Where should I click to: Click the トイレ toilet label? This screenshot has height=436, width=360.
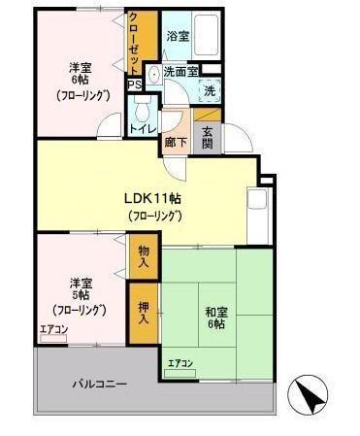[x=143, y=125]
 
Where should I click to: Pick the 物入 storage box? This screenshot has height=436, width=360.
[x=144, y=256]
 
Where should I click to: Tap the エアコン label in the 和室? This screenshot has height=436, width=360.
[x=180, y=364]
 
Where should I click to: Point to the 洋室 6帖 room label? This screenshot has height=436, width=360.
[x=81, y=83]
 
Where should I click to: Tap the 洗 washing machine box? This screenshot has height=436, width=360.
[x=211, y=90]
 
